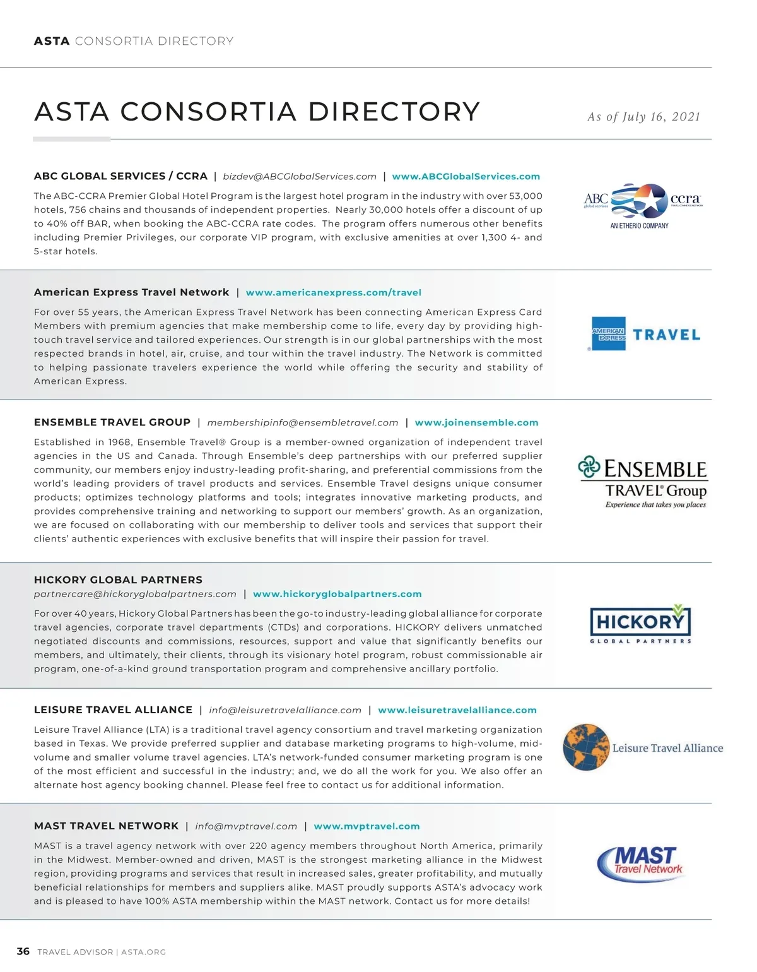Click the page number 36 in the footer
click(x=23, y=951)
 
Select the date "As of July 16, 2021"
click(x=643, y=117)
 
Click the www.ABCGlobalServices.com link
click(x=466, y=177)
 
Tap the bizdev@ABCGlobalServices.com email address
click(x=300, y=177)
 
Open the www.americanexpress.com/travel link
click(x=333, y=293)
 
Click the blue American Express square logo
click(x=609, y=334)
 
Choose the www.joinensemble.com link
click(x=476, y=423)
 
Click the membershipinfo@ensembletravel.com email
click(x=303, y=423)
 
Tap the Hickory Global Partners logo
click(x=640, y=624)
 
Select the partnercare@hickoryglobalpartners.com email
click(x=135, y=594)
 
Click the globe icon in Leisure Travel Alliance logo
click(x=586, y=747)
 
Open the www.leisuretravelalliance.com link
click(x=457, y=710)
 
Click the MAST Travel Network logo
click(x=640, y=863)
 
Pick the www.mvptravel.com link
click(x=367, y=826)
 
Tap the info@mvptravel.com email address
click(x=246, y=826)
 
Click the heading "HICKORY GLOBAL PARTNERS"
click(x=118, y=580)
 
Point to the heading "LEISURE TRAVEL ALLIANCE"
click(x=113, y=710)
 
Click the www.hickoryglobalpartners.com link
click(x=337, y=594)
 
